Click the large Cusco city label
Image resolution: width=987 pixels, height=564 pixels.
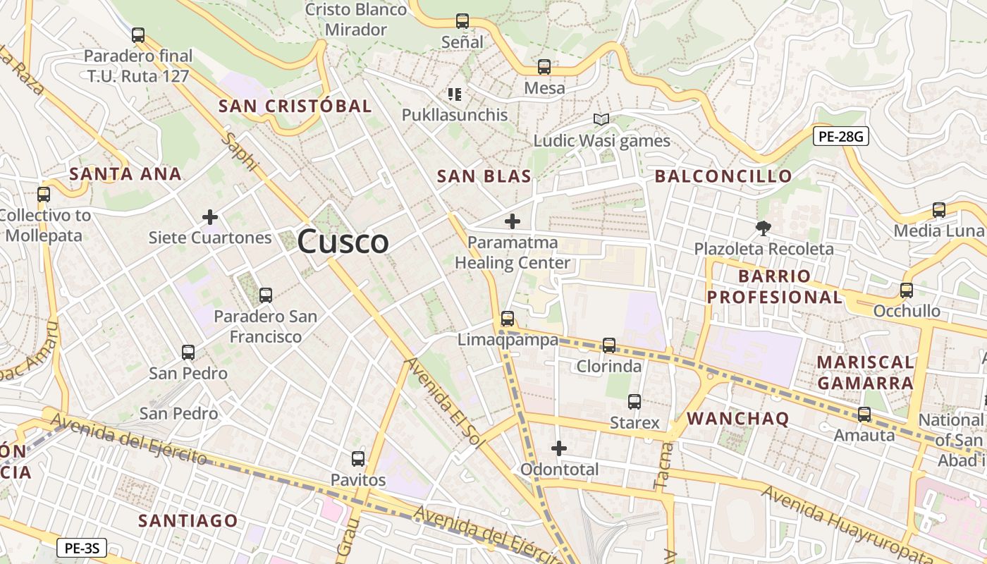tap(343, 242)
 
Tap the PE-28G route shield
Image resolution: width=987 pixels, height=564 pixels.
tap(840, 137)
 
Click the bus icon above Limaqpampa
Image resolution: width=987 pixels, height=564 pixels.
tap(508, 319)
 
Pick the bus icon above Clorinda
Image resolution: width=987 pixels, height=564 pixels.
tap(609, 345)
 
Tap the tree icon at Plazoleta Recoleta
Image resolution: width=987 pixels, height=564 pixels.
tap(763, 228)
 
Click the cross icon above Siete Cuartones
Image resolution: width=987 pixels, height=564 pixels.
tap(210, 217)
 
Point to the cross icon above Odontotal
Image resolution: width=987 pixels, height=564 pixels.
tap(559, 448)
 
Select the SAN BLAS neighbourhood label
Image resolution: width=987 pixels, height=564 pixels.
tap(484, 177)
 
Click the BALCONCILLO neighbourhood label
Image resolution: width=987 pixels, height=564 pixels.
tap(723, 176)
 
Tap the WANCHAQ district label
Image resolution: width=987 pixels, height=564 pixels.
tap(737, 418)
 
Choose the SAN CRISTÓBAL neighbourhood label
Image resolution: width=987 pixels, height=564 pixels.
tap(295, 106)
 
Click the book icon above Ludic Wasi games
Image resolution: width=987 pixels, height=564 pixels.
tap(601, 120)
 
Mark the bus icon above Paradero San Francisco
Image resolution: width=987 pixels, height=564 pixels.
tap(266, 295)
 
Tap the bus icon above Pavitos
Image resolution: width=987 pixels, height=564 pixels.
tap(358, 459)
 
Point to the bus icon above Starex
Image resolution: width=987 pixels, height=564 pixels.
tap(634, 402)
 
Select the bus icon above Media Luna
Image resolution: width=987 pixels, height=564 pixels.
tap(938, 210)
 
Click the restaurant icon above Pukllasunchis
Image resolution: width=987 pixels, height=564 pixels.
tap(455, 94)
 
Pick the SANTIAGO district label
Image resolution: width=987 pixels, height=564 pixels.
tap(188, 521)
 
